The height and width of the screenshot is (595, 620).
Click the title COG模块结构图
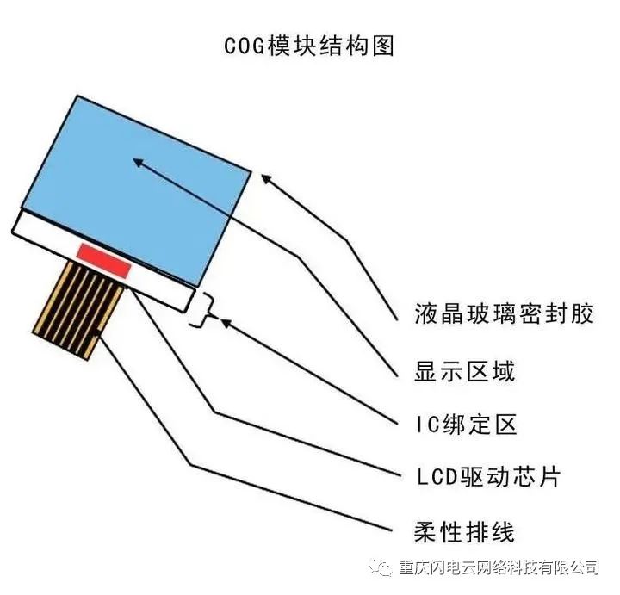tap(309, 46)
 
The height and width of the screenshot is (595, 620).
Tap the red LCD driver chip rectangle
tap(103, 261)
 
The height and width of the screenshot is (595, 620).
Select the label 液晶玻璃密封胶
tap(504, 314)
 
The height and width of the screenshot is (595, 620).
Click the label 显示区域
tap(464, 371)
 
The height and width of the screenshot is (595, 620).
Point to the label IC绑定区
tap(467, 425)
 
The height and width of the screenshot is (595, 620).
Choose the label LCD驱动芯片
tap(489, 477)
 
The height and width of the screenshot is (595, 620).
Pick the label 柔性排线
tap(464, 532)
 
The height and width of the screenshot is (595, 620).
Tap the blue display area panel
tap(136, 189)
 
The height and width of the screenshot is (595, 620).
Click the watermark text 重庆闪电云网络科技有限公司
tap(499, 568)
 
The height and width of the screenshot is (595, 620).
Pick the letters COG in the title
tap(245, 46)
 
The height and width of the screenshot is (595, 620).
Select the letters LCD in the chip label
tap(437, 477)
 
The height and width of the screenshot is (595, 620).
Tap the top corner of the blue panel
tap(77, 96)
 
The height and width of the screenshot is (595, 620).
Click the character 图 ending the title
tap(383, 46)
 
